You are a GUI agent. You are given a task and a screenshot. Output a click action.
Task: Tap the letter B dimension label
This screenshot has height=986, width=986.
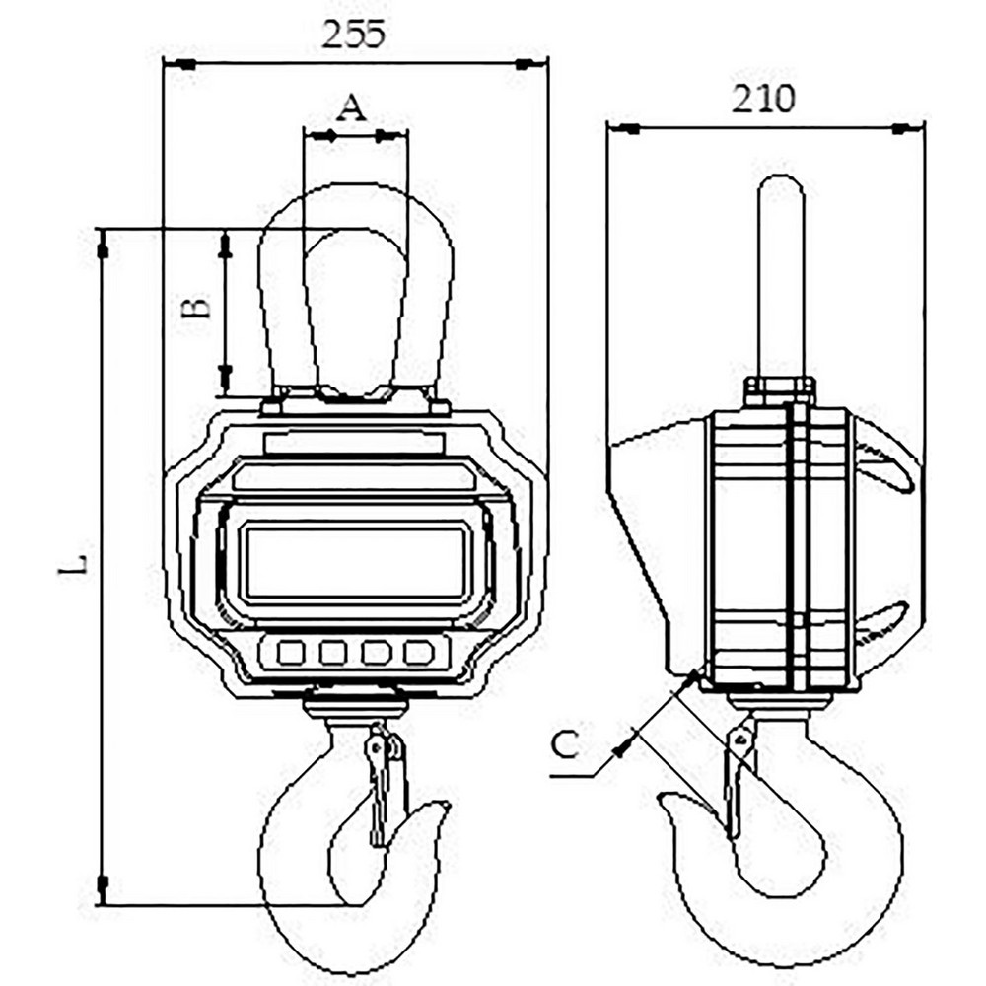pos(199,308)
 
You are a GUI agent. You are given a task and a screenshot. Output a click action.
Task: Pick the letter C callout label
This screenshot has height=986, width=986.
pos(563,745)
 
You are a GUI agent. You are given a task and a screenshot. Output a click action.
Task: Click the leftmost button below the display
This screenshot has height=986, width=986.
pos(290,652)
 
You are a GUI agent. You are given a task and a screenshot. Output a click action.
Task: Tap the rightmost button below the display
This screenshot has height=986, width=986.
pos(419,652)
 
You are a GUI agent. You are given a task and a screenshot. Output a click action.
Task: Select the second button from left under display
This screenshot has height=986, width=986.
pos(333,652)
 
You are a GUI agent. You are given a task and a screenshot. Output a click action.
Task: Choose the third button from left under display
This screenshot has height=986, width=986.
pos(377,652)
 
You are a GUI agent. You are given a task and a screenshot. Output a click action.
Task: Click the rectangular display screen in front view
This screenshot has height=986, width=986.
pos(355,562)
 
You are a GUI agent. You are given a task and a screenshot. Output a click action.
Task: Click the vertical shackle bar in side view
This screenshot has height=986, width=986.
pos(783,276)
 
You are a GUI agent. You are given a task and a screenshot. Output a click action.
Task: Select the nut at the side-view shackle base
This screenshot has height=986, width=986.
pos(780,388)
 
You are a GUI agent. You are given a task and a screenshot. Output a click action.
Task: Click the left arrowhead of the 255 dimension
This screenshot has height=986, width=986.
pos(182,65)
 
